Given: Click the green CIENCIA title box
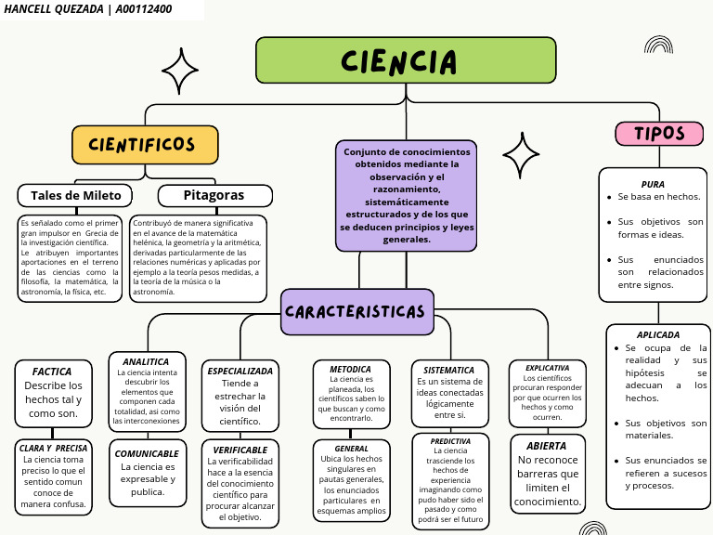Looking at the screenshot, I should coord(405,60).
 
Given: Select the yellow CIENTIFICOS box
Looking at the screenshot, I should coord(145,145).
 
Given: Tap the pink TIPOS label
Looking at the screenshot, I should coord(659,134).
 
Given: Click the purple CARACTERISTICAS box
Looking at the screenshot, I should coord(356,311).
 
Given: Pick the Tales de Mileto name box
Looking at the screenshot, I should coord(75,195).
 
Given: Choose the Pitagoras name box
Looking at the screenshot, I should coord(214,195).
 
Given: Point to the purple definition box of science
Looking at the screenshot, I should coord(406,195).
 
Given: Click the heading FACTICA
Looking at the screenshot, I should coord(52,372).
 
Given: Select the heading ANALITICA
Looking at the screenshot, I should coord(146,361).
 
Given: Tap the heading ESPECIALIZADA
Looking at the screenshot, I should coord(240,371).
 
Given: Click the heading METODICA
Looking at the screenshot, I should coord(351,369).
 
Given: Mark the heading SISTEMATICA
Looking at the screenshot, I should coord(449,370).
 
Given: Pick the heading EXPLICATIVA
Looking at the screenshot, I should coord(547,368).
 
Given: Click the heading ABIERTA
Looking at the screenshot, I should coord(546,446).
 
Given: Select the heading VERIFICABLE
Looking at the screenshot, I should coord(240,450).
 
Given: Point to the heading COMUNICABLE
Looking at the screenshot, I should coord(147,453).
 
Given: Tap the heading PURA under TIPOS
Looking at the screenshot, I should coord(653,184).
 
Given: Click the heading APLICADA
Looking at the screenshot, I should coord(658,334).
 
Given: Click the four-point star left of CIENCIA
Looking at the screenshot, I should coord(179,68).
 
